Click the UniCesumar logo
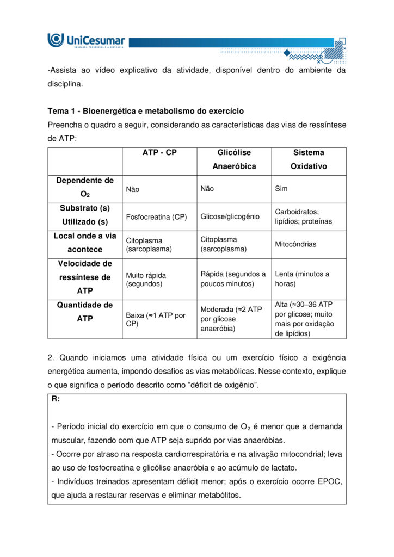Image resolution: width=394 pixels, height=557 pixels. pos(87,40)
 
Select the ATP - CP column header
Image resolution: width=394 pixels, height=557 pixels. pos(159,153)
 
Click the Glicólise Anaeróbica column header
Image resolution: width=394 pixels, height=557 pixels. pos(233,159)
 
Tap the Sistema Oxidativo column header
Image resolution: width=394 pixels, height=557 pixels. pos(308,159)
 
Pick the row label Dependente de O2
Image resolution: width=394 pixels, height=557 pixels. pos(85,187)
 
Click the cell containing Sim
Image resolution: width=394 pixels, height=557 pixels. pos(281,189)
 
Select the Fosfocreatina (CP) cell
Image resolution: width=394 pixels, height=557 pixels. pos(156,217)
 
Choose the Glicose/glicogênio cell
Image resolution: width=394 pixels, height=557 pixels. pos(230,216)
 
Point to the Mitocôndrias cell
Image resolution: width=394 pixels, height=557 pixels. pos(295,244)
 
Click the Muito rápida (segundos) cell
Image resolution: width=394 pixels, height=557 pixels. pos(146,279)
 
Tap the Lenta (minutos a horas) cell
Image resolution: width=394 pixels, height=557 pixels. pos(302,278)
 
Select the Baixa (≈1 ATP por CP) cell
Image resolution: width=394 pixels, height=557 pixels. pos(156,319)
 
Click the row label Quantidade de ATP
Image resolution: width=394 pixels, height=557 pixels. pos(85,312)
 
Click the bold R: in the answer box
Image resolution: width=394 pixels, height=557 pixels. pos(56,399)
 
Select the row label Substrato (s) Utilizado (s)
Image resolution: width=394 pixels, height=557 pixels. pos(85,215)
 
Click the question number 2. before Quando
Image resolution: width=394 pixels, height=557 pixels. pos(51,358)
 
